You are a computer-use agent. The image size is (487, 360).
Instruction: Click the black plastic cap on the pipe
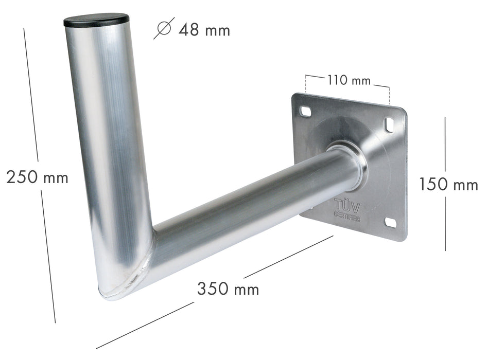[x=96, y=21]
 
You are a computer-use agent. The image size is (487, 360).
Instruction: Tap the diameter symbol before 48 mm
[x=164, y=29]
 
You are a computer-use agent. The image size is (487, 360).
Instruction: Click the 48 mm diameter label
[x=204, y=30]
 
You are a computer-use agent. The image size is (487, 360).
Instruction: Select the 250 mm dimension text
[x=37, y=177]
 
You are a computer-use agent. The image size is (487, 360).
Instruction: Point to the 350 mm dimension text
[x=228, y=289]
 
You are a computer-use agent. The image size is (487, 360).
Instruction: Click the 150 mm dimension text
[x=448, y=184]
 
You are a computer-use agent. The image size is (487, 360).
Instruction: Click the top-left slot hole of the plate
[x=306, y=111]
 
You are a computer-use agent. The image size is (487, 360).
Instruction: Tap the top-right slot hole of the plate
[x=389, y=123]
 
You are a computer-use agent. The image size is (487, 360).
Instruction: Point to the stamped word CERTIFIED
[x=347, y=218]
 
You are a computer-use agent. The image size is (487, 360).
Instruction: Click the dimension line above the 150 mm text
[x=445, y=144]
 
